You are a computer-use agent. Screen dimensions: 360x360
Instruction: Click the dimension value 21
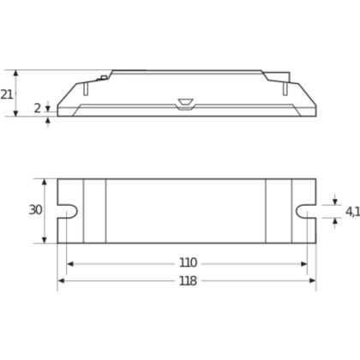(6, 94)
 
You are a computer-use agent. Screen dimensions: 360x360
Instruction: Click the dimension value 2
(38, 108)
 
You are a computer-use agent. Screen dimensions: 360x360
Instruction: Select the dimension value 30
(35, 210)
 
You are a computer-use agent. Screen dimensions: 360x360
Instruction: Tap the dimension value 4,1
(352, 212)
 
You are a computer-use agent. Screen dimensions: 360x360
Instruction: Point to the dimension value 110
(188, 262)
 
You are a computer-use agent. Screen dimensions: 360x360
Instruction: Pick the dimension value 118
(188, 281)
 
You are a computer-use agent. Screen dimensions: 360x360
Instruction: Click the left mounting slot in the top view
(68, 211)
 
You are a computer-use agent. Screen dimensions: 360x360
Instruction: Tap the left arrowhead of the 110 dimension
(69, 264)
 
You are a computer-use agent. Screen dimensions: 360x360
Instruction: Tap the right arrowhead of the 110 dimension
(303, 264)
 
